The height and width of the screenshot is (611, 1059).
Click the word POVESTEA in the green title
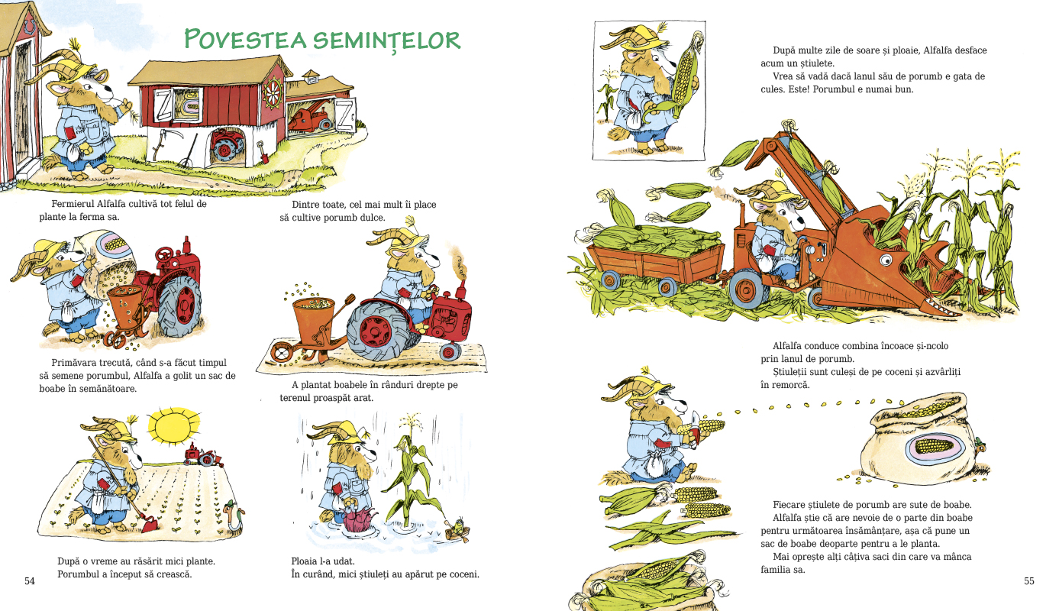click(245, 39)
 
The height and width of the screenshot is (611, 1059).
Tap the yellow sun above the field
click(173, 425)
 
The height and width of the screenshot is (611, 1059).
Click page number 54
click(30, 580)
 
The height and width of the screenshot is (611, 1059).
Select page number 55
click(1028, 580)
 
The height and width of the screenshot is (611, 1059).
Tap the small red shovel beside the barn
click(263, 152)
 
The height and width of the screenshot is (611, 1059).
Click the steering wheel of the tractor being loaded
click(164, 254)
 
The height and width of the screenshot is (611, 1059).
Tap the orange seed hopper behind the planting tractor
click(314, 316)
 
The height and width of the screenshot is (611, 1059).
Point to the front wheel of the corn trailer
click(667, 286)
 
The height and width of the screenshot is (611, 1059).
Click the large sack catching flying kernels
click(922, 439)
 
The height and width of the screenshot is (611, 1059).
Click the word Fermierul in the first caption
click(73, 204)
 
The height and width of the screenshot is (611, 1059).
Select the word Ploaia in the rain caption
click(304, 561)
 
